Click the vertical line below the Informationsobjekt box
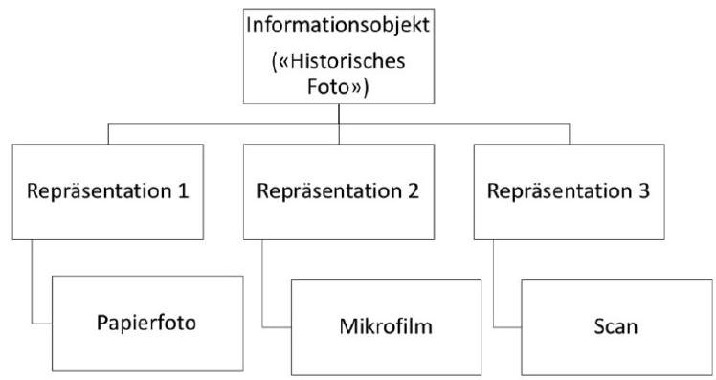coord(341,115)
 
